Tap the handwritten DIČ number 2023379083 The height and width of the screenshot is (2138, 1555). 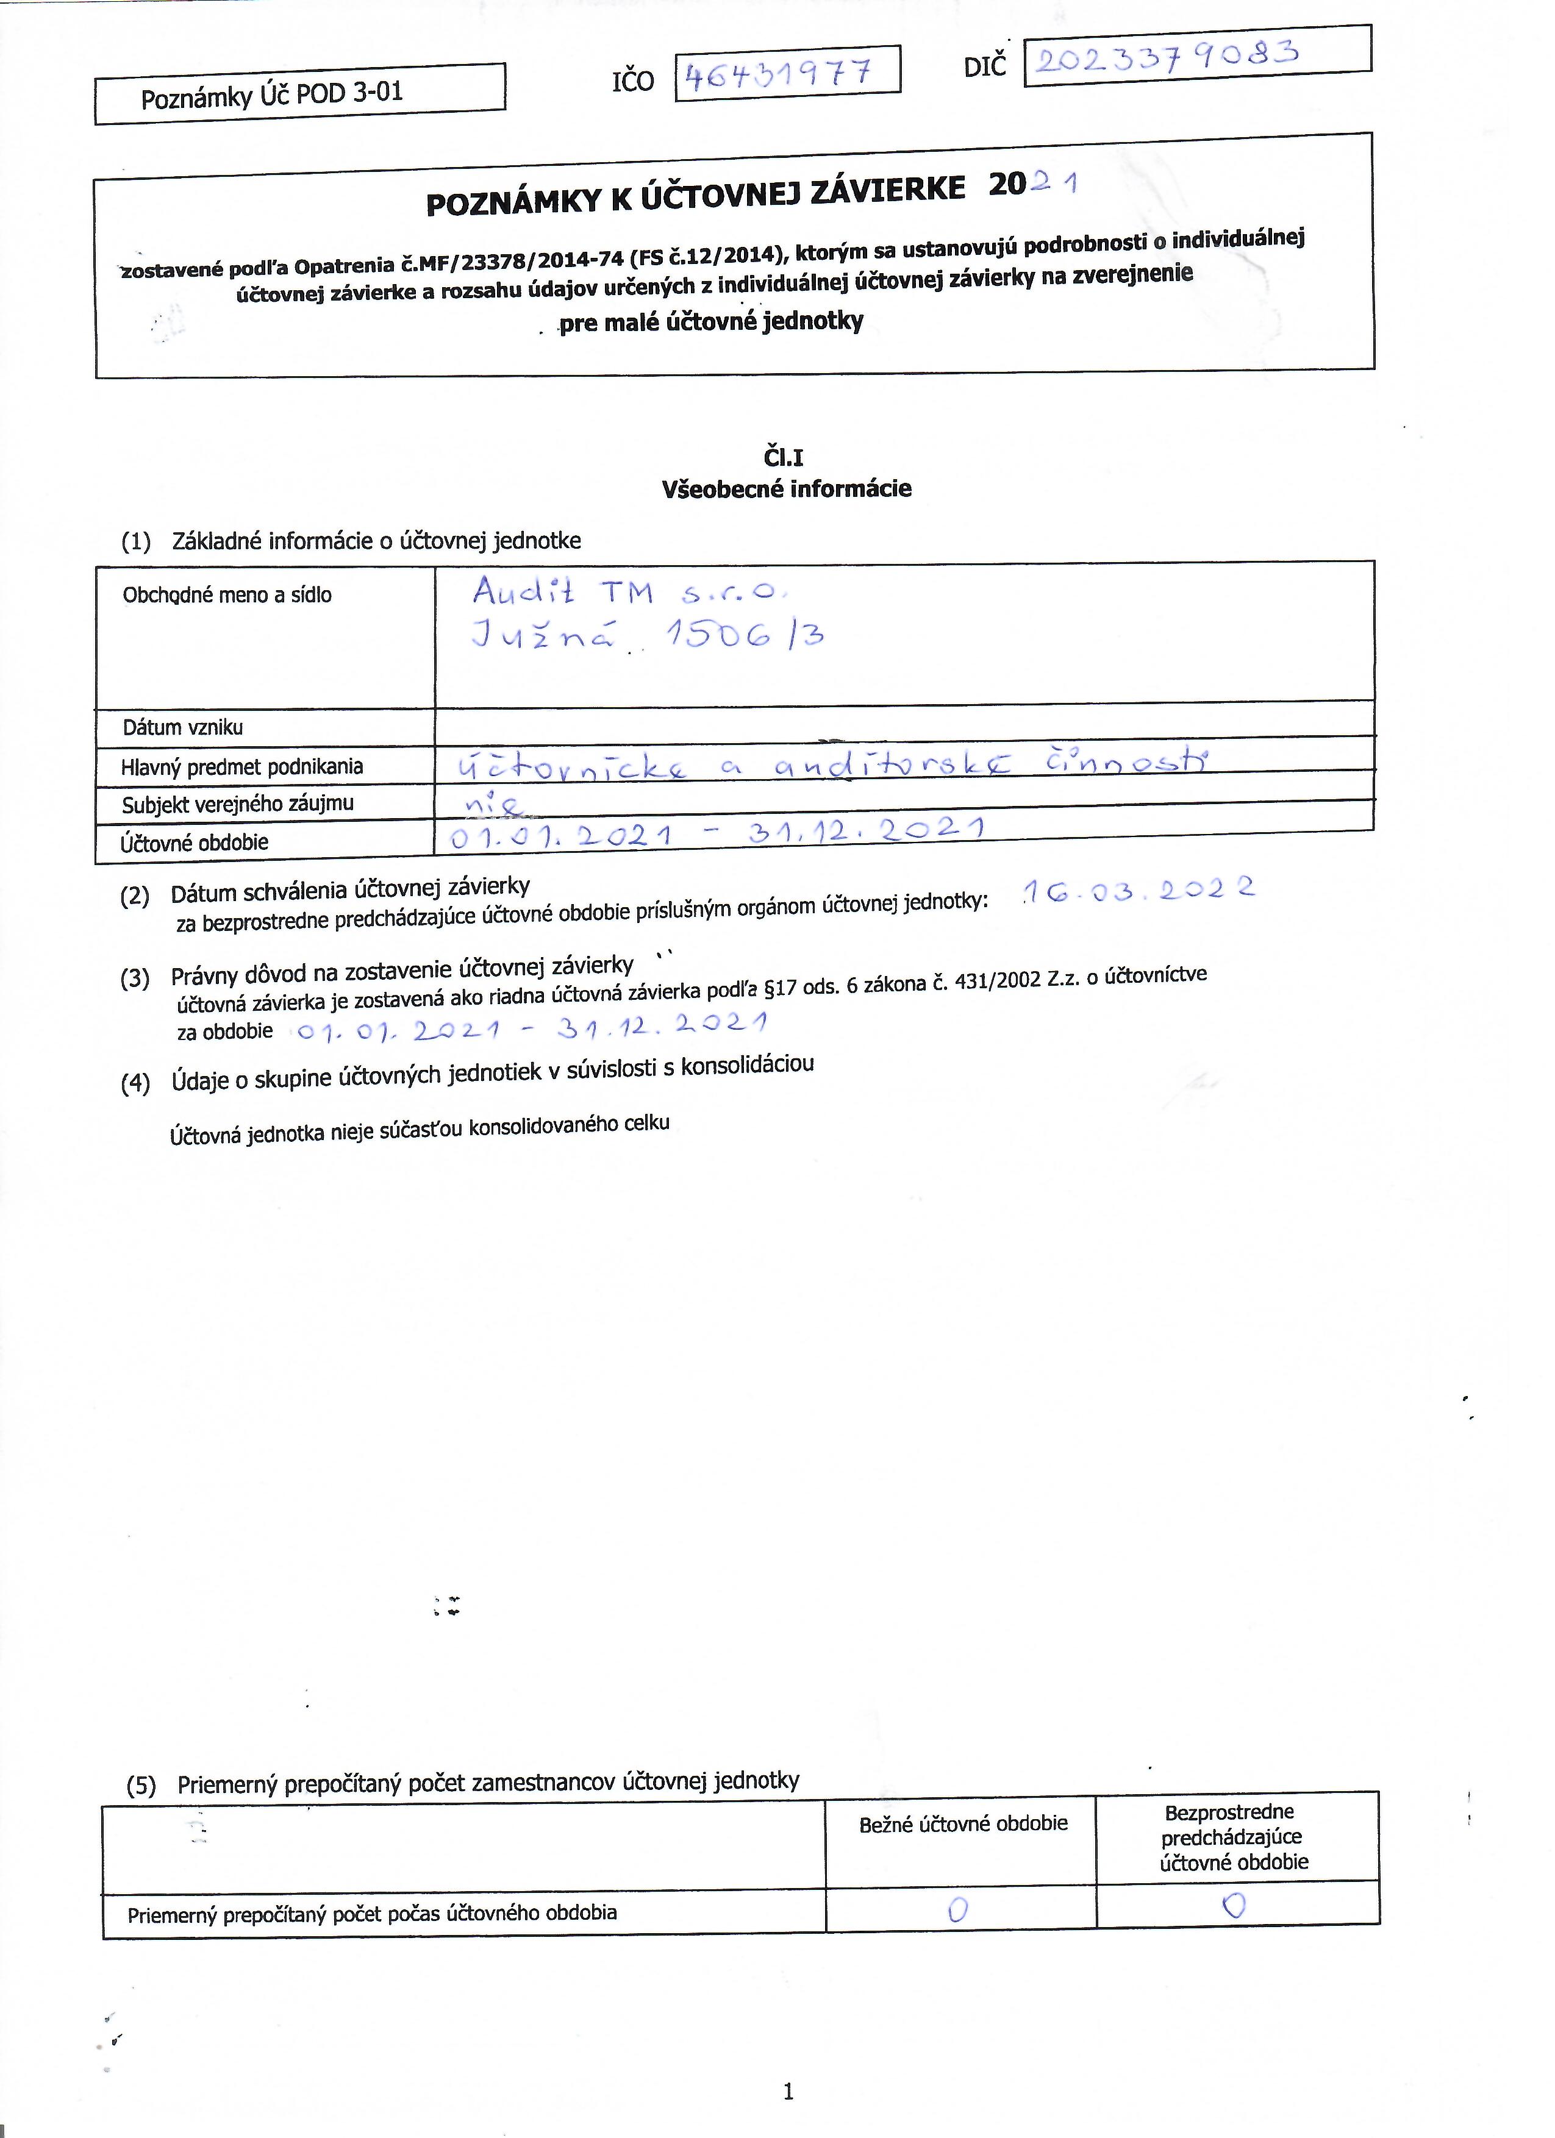[x=1167, y=57]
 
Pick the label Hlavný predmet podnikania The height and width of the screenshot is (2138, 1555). [x=242, y=766]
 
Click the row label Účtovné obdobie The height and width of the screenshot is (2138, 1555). [x=195, y=842]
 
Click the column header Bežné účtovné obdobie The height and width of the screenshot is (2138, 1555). [x=963, y=1823]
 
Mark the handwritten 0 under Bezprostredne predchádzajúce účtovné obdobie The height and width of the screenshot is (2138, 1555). [x=1234, y=1905]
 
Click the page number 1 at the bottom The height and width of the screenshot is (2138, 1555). [x=788, y=2092]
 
